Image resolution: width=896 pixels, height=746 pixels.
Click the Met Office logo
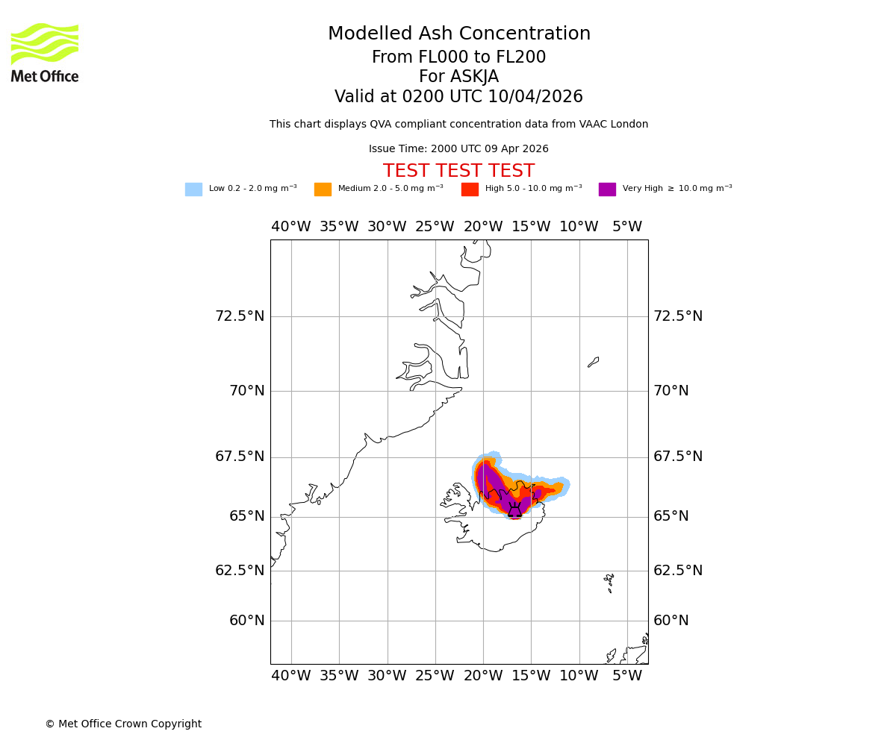tap(45, 52)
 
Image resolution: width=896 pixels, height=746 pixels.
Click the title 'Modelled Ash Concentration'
tap(458, 34)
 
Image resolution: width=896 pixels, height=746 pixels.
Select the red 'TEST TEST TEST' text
tap(458, 172)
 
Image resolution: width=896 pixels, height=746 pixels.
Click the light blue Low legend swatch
tap(193, 189)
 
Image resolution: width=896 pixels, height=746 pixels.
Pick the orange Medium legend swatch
tap(323, 189)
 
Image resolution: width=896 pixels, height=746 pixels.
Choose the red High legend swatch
tap(470, 189)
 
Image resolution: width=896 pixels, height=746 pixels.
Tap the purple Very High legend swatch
tap(607, 189)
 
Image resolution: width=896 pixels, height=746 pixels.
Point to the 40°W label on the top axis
tap(290, 227)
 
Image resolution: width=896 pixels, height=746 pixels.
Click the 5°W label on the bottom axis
tap(627, 676)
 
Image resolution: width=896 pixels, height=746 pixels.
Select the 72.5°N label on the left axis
tap(240, 316)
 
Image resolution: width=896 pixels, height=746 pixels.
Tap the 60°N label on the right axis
tap(671, 621)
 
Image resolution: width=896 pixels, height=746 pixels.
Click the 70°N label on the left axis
tap(246, 391)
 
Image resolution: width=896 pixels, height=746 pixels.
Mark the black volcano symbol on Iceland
tap(514, 510)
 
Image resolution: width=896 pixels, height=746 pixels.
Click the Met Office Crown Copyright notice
tap(123, 724)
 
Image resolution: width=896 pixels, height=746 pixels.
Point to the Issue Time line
tap(458, 149)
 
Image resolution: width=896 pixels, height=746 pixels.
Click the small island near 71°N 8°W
tap(593, 362)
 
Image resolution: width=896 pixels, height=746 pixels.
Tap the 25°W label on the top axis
tap(435, 227)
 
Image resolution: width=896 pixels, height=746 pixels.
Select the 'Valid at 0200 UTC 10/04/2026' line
tap(458, 97)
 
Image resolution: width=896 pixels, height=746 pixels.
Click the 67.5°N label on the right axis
tap(678, 457)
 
